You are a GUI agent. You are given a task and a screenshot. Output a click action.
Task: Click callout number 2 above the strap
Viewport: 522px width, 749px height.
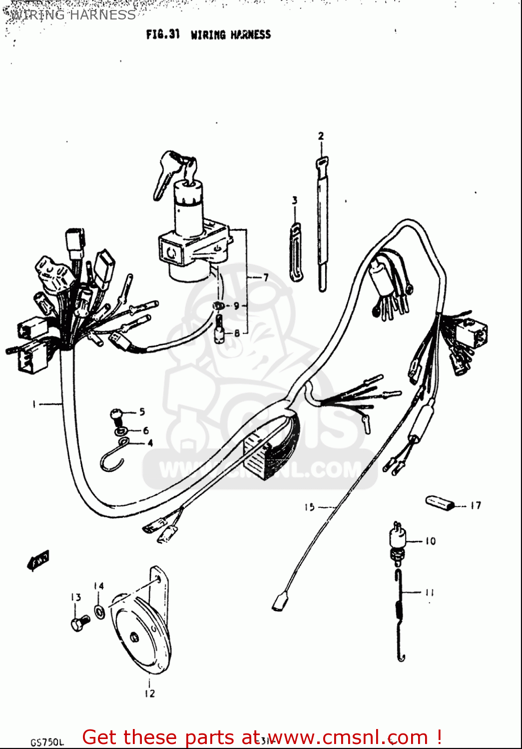pos(321,136)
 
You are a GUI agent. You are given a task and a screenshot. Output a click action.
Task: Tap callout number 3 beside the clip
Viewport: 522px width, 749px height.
pos(295,200)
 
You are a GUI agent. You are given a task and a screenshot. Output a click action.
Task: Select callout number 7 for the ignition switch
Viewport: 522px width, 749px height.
pos(266,277)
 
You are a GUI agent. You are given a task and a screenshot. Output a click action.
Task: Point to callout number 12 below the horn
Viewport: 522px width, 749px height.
pos(149,693)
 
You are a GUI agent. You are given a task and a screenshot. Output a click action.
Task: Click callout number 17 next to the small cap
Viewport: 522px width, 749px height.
pos(476,505)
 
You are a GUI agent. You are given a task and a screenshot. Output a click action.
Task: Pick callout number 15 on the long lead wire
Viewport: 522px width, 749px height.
pos(310,507)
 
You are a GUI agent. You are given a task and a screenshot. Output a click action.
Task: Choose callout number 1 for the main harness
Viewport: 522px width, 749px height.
pos(34,403)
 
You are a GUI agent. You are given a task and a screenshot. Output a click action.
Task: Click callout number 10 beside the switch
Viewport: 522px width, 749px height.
pos(430,541)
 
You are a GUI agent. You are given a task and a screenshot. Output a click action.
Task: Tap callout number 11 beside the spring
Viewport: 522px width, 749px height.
pos(430,593)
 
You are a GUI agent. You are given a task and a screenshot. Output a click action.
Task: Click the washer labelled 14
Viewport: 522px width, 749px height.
pos(99,611)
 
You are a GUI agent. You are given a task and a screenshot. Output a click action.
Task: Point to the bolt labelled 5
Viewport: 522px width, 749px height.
pos(116,414)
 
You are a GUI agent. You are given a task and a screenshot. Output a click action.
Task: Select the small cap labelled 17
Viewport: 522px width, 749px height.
pos(440,502)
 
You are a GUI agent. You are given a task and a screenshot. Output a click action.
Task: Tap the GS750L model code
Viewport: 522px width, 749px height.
pos(47,742)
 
